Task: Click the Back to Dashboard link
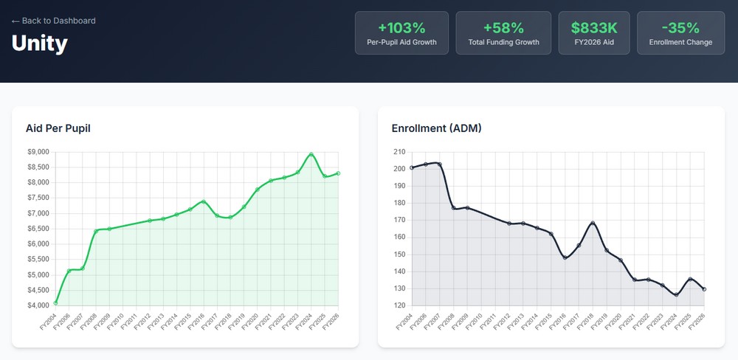tap(54, 21)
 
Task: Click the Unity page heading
tap(40, 44)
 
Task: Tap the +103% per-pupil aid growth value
tap(401, 28)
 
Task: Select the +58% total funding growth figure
tap(503, 28)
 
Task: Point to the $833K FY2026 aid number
tap(594, 28)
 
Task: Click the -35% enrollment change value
tap(680, 28)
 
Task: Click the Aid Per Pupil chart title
tap(58, 128)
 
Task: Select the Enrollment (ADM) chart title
tap(436, 128)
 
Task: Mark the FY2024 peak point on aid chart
tap(311, 154)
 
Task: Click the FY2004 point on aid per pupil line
tap(56, 302)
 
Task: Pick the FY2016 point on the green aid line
tap(204, 201)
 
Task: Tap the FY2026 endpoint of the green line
tap(338, 173)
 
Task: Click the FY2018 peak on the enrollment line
tap(593, 224)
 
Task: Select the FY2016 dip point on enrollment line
tap(565, 257)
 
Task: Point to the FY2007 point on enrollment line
tap(440, 164)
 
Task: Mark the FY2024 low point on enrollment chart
tap(677, 295)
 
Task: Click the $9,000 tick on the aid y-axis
tap(37, 152)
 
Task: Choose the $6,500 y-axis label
tap(37, 229)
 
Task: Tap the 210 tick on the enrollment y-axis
tap(399, 152)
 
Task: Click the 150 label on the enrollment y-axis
tap(399, 255)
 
